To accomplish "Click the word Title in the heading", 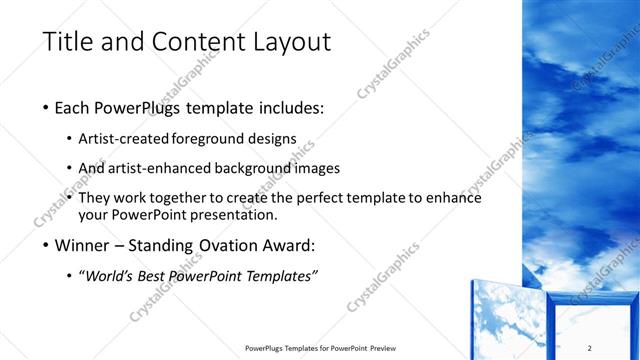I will tap(67, 43).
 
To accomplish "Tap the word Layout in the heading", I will tap(284, 43).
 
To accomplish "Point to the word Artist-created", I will tap(124, 139).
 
